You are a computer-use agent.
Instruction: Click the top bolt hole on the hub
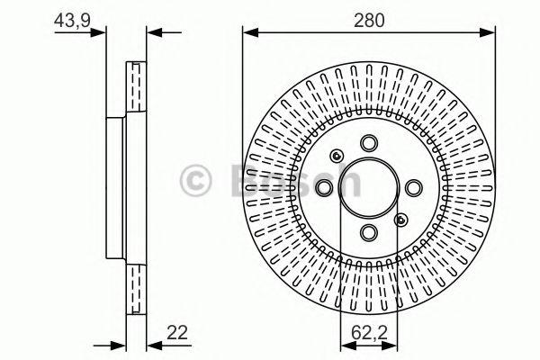[x=369, y=144]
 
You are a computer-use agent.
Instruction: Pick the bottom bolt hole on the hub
[x=369, y=232]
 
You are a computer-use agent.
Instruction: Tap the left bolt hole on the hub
[x=325, y=188]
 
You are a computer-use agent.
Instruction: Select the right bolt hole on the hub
[x=413, y=188]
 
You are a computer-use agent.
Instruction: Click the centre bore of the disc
[x=369, y=188]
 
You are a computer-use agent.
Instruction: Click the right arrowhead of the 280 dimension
[x=490, y=33]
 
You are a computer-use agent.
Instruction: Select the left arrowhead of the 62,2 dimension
[x=345, y=345]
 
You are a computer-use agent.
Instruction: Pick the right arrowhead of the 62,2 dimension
[x=393, y=345]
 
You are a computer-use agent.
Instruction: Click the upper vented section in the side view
[x=136, y=89]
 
